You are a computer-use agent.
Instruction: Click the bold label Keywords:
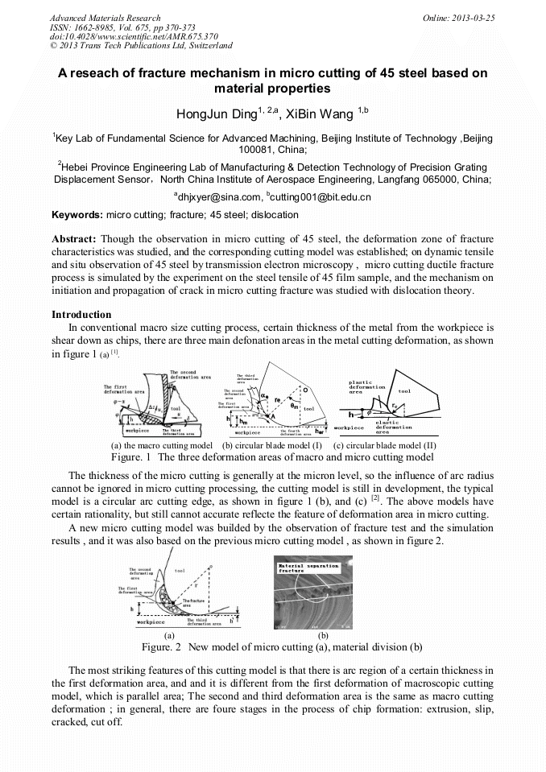coord(77,215)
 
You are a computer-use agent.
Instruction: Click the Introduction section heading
coord(81,314)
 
